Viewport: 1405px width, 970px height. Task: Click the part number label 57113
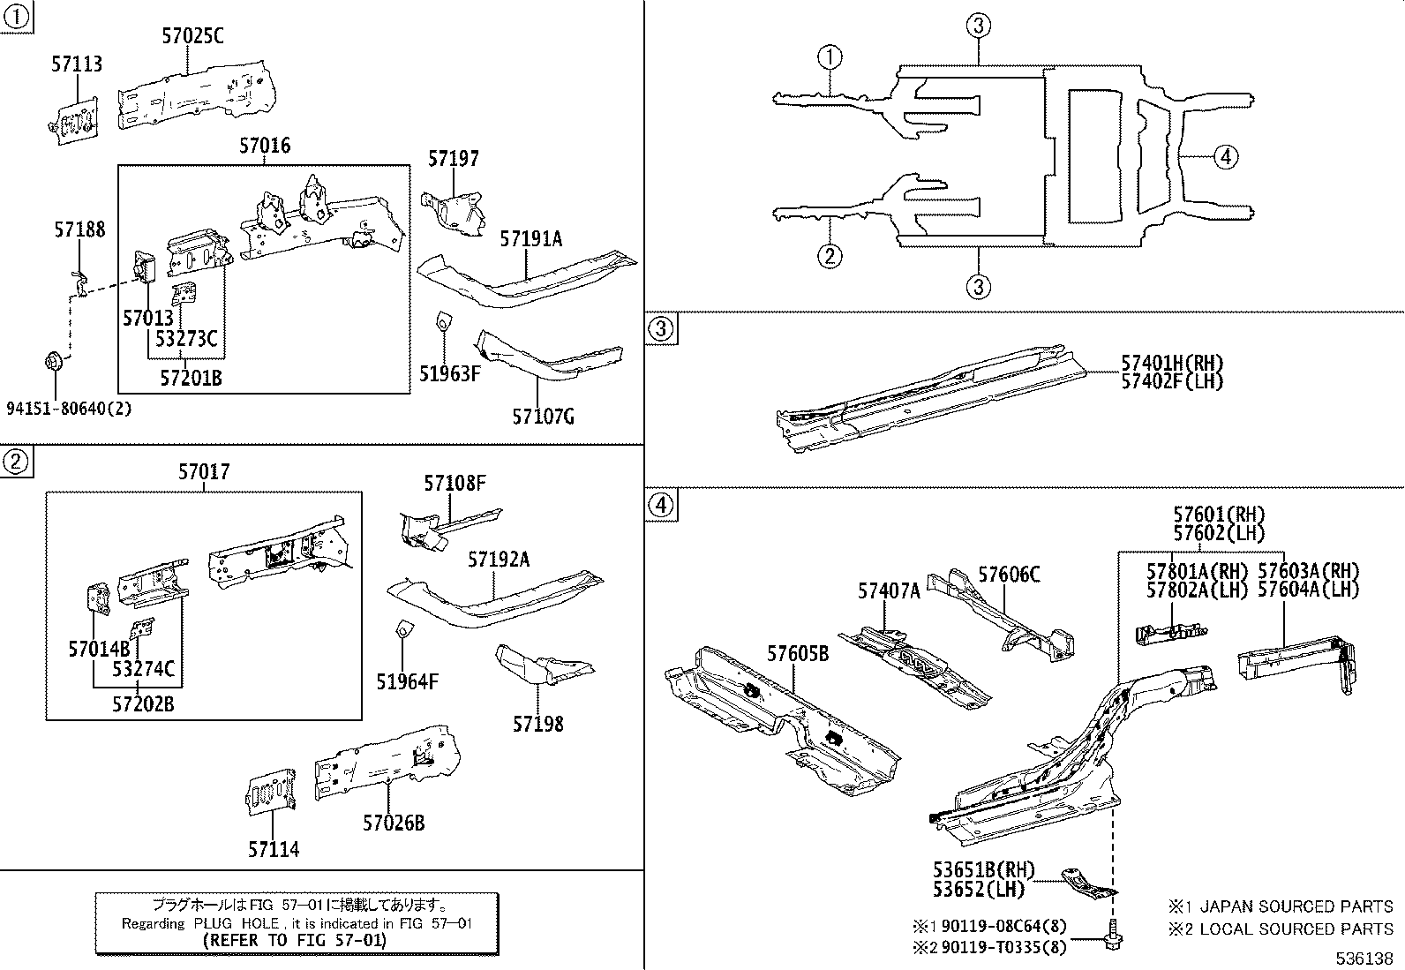coord(77,64)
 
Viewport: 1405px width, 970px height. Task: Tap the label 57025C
coord(192,35)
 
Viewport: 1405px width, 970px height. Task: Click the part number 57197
coord(454,159)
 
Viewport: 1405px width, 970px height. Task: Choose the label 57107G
coord(543,416)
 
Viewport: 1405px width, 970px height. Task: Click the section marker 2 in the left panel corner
coord(15,461)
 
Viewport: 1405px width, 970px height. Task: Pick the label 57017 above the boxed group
coord(204,472)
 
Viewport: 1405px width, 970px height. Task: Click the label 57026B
coord(394,823)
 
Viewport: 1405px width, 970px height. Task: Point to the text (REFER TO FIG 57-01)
coord(294,941)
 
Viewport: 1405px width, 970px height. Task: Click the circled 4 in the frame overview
coord(1225,158)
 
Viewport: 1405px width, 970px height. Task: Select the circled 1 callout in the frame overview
coord(829,58)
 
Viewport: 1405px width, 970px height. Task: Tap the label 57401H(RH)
coord(1172,363)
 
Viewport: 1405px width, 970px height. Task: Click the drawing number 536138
coord(1364,959)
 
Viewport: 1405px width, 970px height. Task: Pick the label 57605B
coord(797,654)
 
